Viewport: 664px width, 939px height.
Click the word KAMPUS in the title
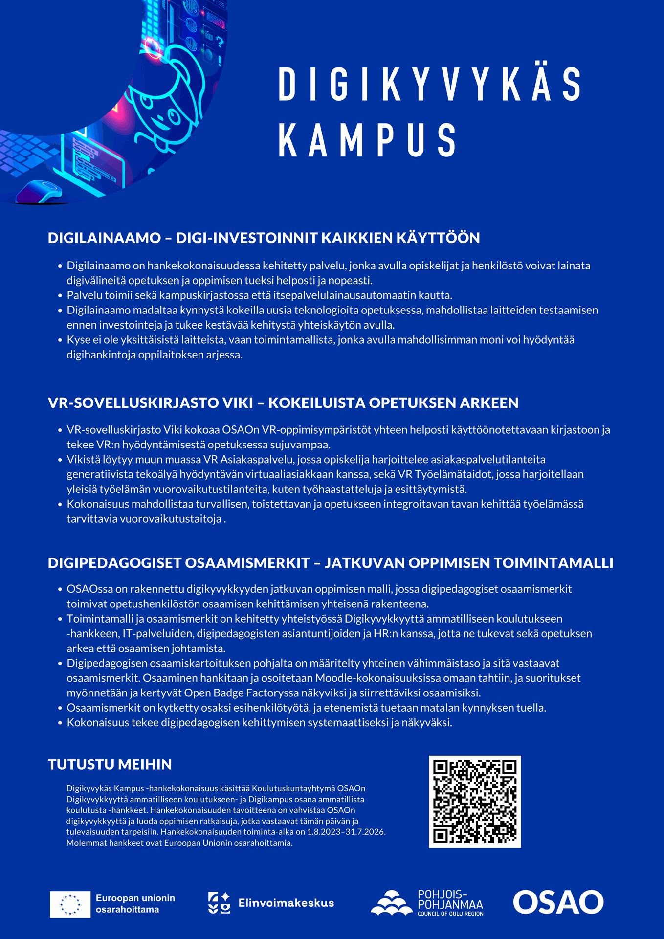(x=367, y=140)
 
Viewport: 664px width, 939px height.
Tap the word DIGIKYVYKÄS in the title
(x=429, y=84)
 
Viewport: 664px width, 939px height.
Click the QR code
(x=475, y=801)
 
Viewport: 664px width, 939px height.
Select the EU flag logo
(x=70, y=904)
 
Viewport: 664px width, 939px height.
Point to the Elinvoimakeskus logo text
(x=286, y=903)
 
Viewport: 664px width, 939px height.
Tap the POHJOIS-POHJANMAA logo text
(x=450, y=899)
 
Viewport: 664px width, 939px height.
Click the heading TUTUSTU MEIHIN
(x=110, y=764)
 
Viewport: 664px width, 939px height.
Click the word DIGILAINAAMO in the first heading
(x=104, y=238)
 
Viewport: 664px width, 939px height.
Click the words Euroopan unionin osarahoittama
(x=135, y=904)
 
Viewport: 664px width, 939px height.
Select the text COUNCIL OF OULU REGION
(x=450, y=914)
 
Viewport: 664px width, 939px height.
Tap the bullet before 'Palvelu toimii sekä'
(x=61, y=296)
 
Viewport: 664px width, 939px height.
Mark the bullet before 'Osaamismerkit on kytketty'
(x=61, y=708)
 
